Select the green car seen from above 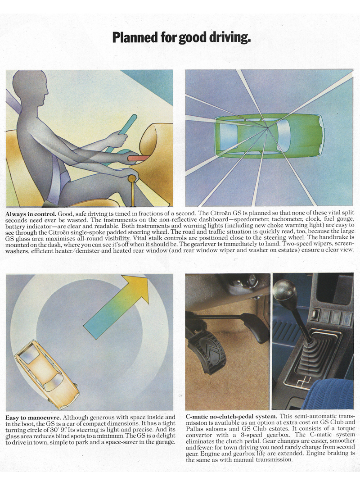(x=269, y=136)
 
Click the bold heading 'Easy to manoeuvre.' (x=33, y=417)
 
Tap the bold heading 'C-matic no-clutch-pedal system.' (x=232, y=416)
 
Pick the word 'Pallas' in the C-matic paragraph (x=194, y=428)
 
